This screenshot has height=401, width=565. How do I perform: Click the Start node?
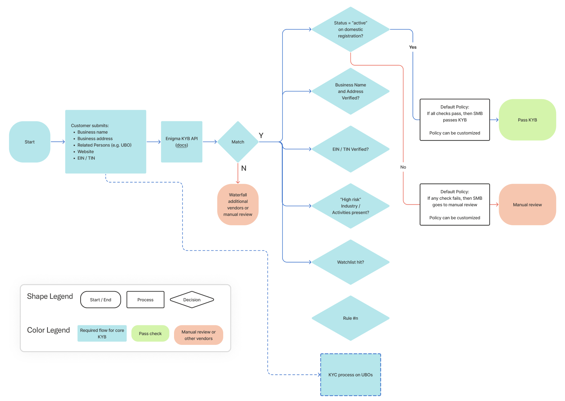point(30,142)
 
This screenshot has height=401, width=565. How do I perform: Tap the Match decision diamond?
point(238,142)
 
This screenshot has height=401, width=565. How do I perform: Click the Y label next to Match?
point(261,135)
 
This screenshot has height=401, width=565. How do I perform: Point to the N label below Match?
point(244,168)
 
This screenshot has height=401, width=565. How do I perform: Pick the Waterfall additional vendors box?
point(238,205)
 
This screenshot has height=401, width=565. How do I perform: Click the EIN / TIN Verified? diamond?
point(351,149)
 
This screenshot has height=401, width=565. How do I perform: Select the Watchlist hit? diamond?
point(351,262)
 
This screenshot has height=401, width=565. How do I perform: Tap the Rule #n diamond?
point(351,318)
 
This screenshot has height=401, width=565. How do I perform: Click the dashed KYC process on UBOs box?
point(351,375)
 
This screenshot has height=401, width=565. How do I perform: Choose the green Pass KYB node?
point(527,120)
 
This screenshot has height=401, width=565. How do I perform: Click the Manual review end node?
point(527,205)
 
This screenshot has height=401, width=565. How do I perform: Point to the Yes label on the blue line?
point(413,47)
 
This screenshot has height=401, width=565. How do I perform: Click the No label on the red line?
point(403,167)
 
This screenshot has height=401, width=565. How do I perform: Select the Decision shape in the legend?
point(192,300)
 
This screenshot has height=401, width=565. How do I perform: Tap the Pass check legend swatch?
point(150,334)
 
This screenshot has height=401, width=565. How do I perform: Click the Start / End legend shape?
point(100,300)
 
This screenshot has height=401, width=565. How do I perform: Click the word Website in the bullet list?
point(86,152)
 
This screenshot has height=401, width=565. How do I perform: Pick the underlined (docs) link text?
point(181,145)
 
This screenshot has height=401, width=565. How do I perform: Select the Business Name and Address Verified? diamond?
point(351,91)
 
